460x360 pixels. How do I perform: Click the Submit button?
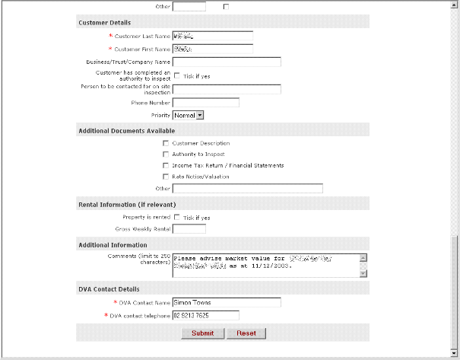(x=203, y=333)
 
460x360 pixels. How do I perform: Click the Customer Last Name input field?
(x=212, y=35)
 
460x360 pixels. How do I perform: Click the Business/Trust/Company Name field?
(x=227, y=62)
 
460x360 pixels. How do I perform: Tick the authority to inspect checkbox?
(x=177, y=75)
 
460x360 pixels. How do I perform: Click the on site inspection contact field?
(x=227, y=89)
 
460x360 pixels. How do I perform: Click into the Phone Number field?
(x=206, y=102)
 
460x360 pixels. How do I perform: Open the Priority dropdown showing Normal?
(x=189, y=115)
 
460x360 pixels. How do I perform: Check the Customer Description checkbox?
(x=166, y=143)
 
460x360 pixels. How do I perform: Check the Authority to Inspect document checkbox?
(x=166, y=155)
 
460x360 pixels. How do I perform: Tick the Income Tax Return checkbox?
(x=166, y=165)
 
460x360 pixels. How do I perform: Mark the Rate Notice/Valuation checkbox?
(x=166, y=177)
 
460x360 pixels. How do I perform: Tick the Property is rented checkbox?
(x=177, y=217)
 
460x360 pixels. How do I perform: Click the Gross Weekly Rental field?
(x=189, y=228)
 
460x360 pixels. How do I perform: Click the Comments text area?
(x=265, y=265)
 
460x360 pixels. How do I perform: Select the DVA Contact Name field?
(x=227, y=302)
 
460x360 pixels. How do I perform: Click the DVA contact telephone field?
(x=206, y=315)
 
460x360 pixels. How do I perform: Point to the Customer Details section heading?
(x=104, y=22)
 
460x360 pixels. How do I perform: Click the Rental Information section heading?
(x=127, y=204)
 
